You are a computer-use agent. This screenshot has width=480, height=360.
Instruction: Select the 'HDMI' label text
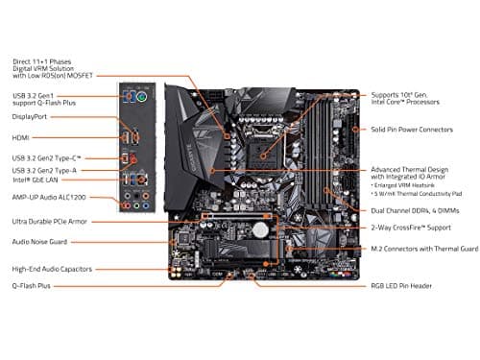point(22,137)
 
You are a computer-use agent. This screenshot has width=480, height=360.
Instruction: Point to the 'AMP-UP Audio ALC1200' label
point(49,197)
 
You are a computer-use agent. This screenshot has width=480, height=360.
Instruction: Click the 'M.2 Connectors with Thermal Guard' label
point(420,248)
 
